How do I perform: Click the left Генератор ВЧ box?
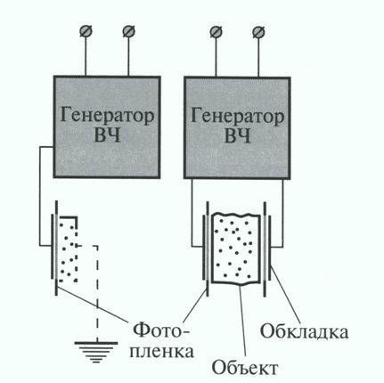pos(107,127)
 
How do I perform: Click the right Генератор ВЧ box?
pos(237,127)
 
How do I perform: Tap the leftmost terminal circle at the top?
pos(86,31)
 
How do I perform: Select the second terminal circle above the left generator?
pos(128,31)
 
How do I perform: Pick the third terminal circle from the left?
pos(216,32)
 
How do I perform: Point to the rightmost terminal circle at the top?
pos(258,32)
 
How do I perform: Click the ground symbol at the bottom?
pos(96,352)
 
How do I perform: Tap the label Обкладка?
pos(304,332)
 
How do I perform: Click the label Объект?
pos(245,368)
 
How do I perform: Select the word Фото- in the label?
pos(160,331)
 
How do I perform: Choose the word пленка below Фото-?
pos(162,352)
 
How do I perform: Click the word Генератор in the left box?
pos(107,116)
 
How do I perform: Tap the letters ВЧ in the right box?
pos(237,136)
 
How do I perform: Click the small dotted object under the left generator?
pos(68,249)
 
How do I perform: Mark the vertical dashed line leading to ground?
pos(96,293)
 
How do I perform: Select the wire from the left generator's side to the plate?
pos(40,196)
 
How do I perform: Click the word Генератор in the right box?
pos(237,116)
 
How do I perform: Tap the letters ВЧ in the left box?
pos(107,136)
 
